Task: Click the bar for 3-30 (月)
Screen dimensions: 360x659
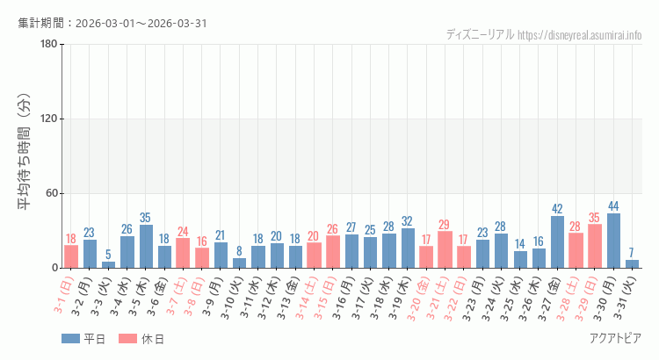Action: (x=613, y=241)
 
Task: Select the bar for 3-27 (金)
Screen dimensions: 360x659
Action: (x=557, y=241)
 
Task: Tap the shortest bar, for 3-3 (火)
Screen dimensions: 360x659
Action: (x=108, y=264)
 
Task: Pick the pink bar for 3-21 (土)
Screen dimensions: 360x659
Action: (x=445, y=249)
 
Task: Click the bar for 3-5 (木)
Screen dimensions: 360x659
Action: (x=146, y=246)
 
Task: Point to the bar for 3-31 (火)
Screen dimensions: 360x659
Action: (x=632, y=263)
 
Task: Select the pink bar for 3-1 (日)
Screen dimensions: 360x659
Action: (x=71, y=256)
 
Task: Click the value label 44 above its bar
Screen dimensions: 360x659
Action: (x=613, y=206)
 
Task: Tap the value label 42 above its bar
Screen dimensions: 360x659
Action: (x=557, y=209)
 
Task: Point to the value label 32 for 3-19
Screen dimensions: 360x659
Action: (x=408, y=221)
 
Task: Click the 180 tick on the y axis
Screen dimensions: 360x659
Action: (x=49, y=45)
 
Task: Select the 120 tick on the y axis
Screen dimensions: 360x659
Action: (x=49, y=119)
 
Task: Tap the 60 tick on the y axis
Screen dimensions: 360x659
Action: (x=52, y=193)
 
